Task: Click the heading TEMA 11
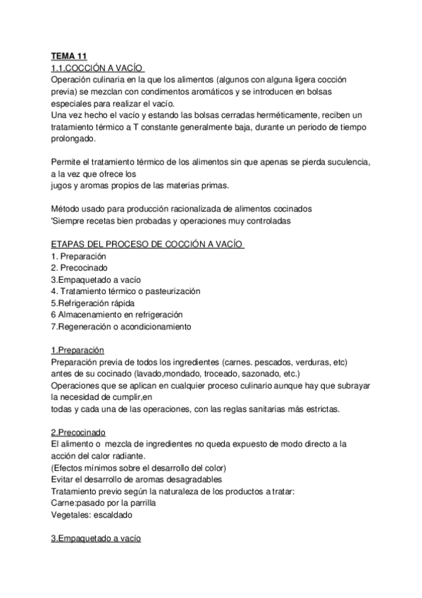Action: [x=69, y=56]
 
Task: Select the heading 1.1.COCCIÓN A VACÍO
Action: [x=98, y=68]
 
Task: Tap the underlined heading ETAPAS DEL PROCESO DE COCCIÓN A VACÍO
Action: [x=147, y=244]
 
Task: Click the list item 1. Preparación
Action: [x=78, y=256]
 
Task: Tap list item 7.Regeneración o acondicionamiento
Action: [x=121, y=327]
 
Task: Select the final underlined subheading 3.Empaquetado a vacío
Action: [x=96, y=537]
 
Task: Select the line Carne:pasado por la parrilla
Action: [x=103, y=502]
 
